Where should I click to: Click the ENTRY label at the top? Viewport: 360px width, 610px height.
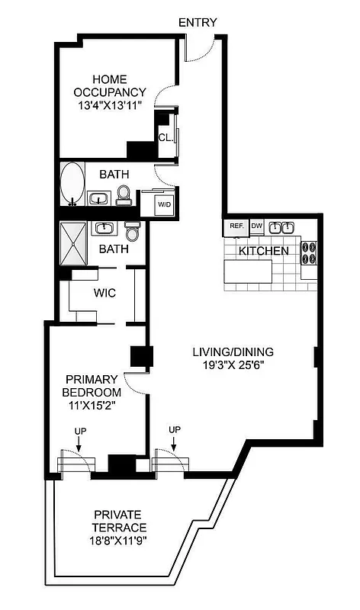click(x=198, y=23)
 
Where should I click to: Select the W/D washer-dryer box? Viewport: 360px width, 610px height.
click(x=164, y=204)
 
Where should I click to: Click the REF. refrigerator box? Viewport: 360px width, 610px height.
click(x=235, y=226)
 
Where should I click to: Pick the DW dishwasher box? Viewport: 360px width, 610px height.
click(x=257, y=226)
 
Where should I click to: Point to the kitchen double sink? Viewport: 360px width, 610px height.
click(x=281, y=226)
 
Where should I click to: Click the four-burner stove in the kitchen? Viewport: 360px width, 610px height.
click(x=309, y=252)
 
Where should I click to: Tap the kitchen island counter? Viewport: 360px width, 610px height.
click(x=248, y=271)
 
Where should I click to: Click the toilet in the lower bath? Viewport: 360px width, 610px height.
click(x=133, y=231)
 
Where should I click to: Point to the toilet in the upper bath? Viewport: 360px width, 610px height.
click(x=124, y=197)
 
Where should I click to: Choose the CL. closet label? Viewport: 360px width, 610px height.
click(x=165, y=137)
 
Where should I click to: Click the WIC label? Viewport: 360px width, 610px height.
click(x=104, y=293)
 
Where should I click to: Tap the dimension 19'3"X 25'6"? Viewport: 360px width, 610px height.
click(x=233, y=366)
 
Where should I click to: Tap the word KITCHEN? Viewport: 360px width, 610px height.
click(x=264, y=251)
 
